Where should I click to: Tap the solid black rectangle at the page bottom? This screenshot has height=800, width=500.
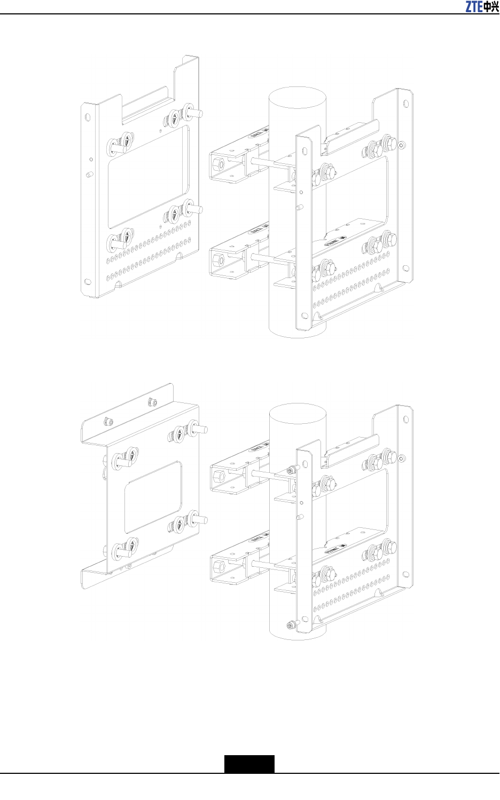point(249,764)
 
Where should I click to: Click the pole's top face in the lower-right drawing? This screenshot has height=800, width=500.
point(298,415)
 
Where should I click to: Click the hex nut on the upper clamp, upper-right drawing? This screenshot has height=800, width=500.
point(217,163)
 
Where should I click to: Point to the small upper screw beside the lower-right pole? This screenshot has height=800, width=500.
point(290,470)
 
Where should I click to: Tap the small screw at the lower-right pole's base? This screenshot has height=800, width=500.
point(290,625)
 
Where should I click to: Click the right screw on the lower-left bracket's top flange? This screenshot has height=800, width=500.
point(153,402)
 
